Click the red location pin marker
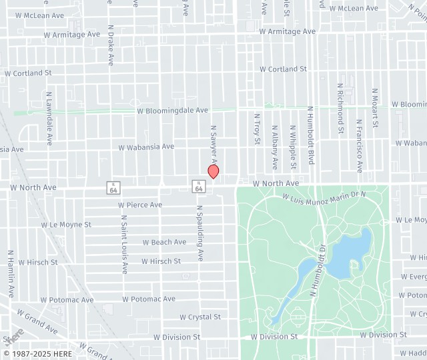click(213, 171)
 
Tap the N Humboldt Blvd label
click(310, 135)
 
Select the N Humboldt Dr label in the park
click(318, 270)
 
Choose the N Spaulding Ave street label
click(199, 233)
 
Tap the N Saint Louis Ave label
click(124, 244)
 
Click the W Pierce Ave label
click(140, 205)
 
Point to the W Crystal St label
click(200, 317)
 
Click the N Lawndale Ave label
click(49, 119)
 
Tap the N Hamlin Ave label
click(11, 274)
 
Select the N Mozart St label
click(375, 107)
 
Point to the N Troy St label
click(257, 129)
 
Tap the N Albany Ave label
click(274, 147)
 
